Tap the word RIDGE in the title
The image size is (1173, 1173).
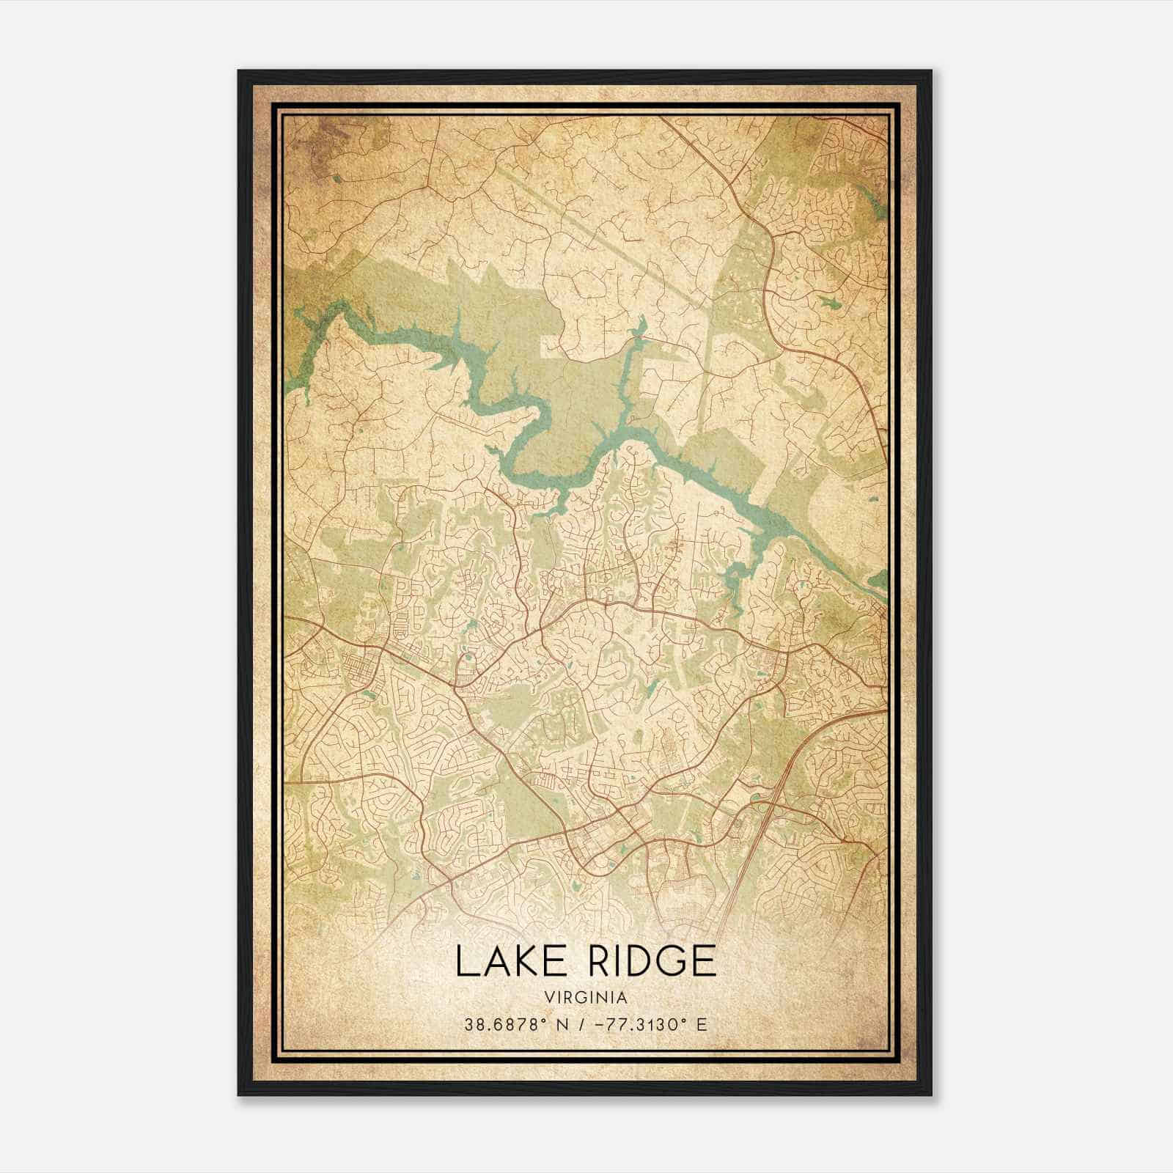pos(647,961)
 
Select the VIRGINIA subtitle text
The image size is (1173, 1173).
pos(586,998)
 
